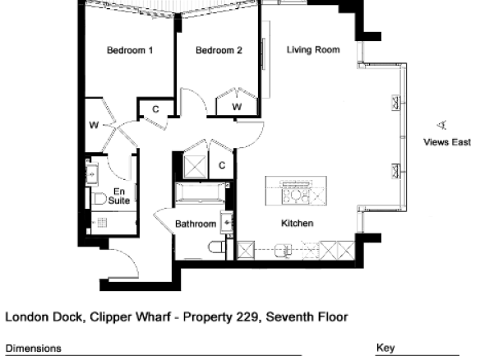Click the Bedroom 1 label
130,50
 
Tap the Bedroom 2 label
219,50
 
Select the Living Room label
313,50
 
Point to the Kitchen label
297,224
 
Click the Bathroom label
196,224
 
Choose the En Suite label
119,196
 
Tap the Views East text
447,142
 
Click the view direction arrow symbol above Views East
441,125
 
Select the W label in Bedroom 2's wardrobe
237,107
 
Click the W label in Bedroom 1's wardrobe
94,125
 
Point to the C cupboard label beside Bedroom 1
155,109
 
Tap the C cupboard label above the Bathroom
222,165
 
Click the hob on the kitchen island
296,196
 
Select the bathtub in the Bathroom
201,192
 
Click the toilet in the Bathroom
217,247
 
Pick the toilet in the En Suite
99,198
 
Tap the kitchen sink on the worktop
283,251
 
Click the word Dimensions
34,348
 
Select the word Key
385,348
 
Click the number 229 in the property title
247,316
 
